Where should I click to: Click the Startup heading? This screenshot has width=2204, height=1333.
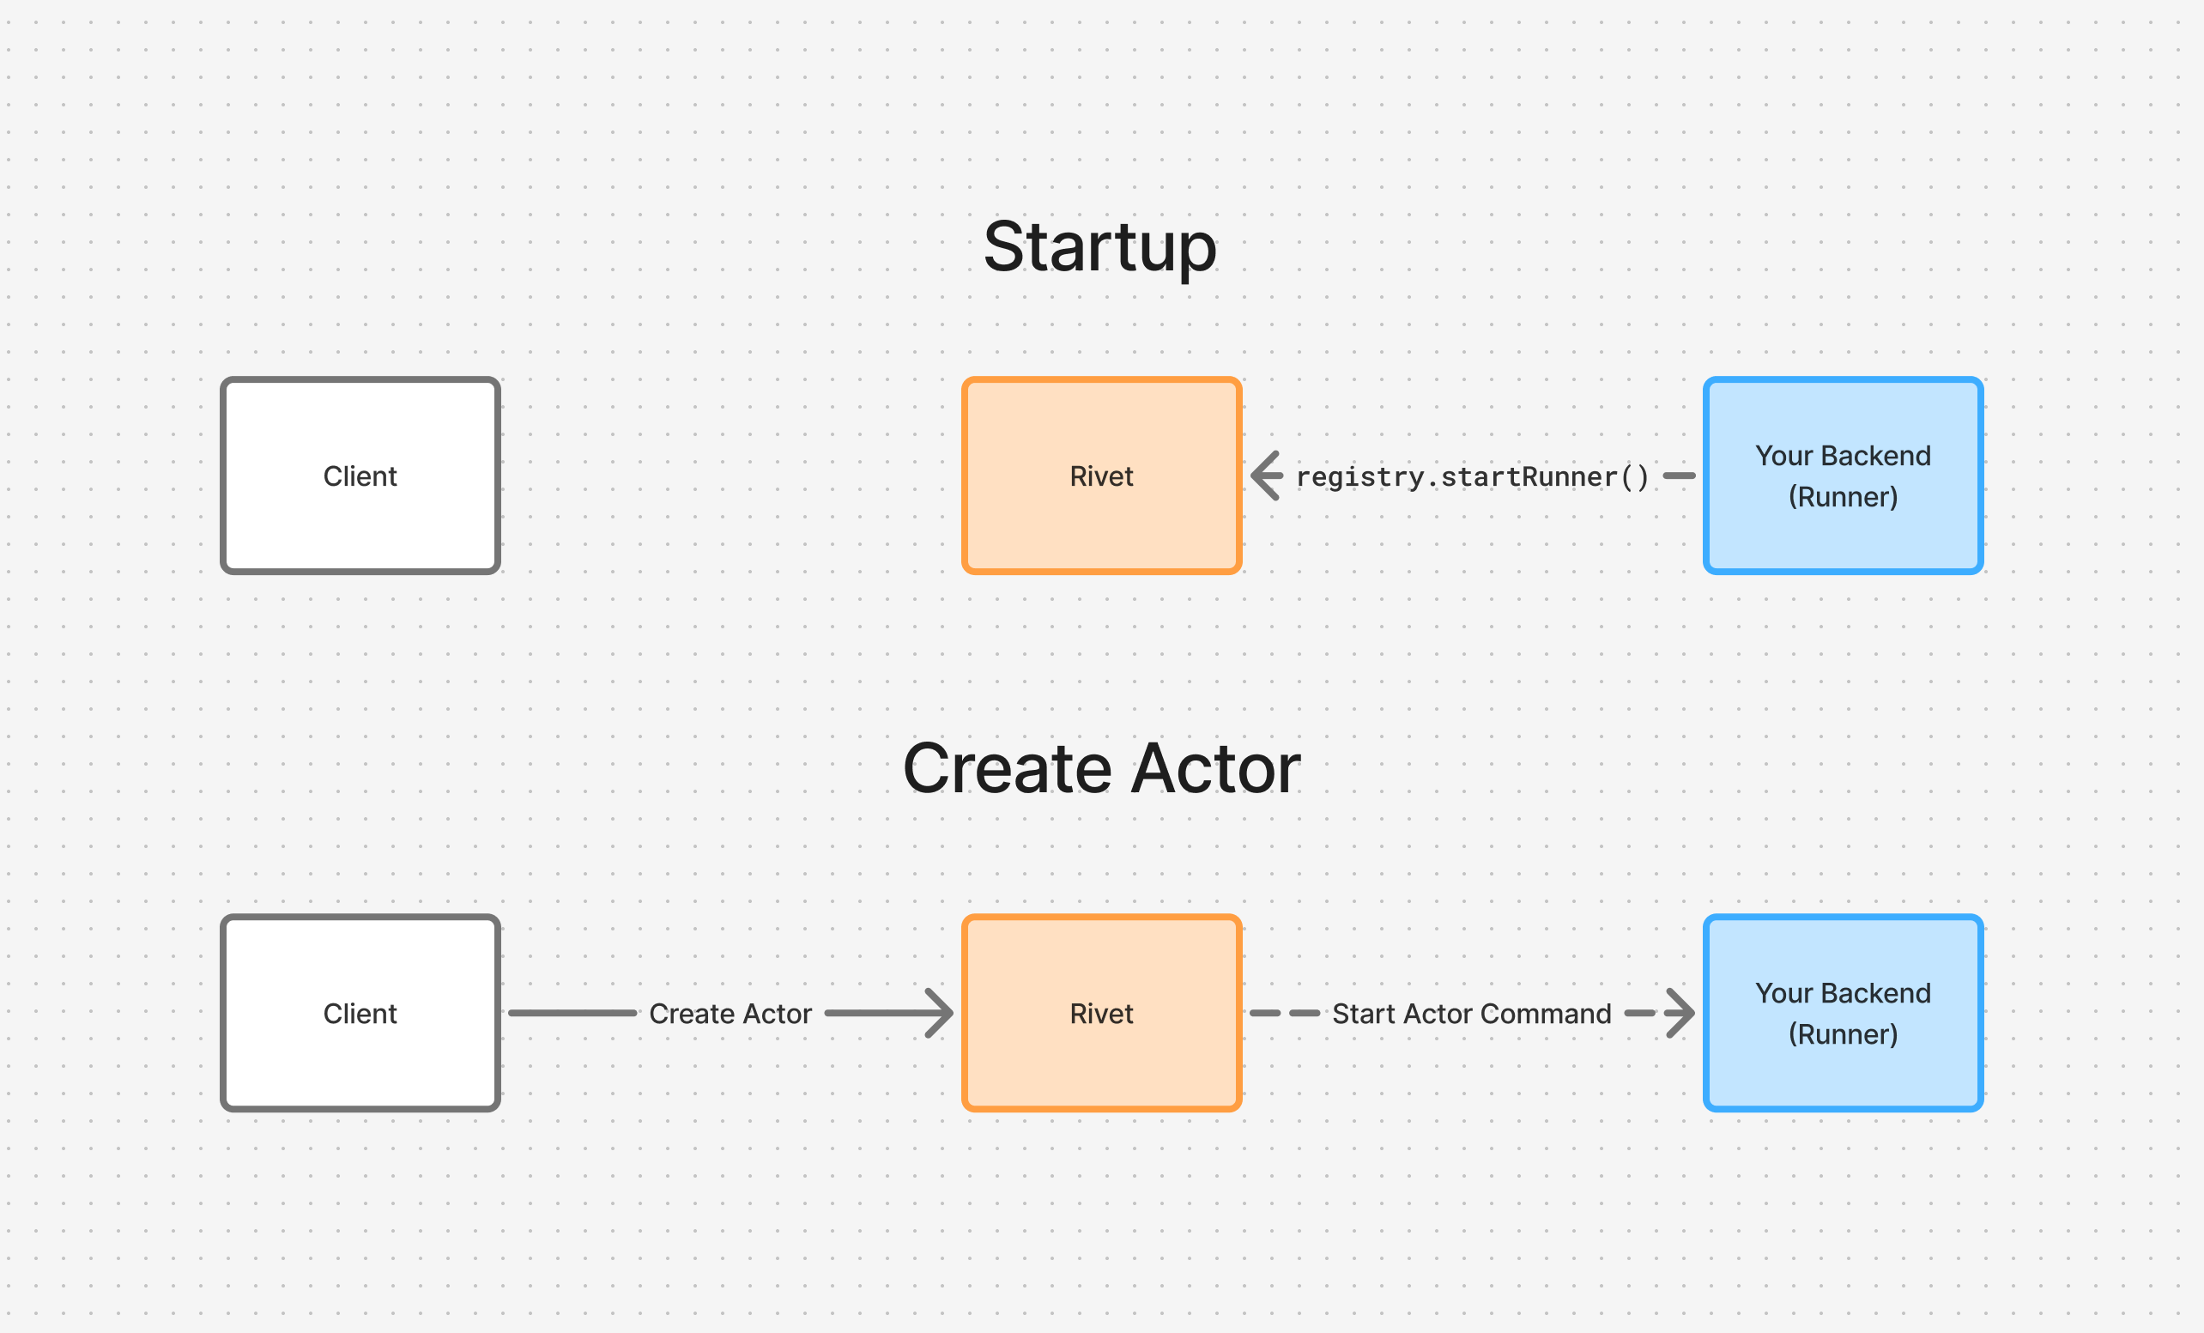point(1099,247)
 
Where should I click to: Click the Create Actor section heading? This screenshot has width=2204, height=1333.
point(1101,768)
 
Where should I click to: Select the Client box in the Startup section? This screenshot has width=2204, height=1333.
point(360,475)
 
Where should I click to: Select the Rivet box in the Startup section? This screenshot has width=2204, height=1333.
point(1101,475)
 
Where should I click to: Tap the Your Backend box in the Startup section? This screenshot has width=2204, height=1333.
point(1843,475)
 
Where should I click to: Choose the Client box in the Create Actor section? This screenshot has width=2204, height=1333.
point(360,1013)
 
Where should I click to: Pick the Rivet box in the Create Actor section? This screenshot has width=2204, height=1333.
point(1101,1013)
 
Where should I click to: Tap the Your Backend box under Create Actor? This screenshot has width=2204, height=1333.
point(1843,1013)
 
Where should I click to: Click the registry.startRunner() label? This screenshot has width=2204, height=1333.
point(1471,477)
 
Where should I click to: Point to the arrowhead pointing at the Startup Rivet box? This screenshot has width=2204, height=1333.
point(1265,475)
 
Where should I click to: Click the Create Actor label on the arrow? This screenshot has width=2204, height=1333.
point(730,1014)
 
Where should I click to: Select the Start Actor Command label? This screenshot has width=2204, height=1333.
point(1471,1014)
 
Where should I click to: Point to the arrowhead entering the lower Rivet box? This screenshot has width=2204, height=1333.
point(939,1013)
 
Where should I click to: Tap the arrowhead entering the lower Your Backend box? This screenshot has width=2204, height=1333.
point(1680,1013)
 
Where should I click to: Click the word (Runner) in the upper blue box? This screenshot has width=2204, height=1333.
point(1843,496)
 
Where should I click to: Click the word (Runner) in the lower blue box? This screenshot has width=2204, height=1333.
point(1843,1034)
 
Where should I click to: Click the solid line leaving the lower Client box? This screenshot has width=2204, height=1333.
point(572,1013)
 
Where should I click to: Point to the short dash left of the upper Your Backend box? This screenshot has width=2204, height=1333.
point(1679,475)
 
